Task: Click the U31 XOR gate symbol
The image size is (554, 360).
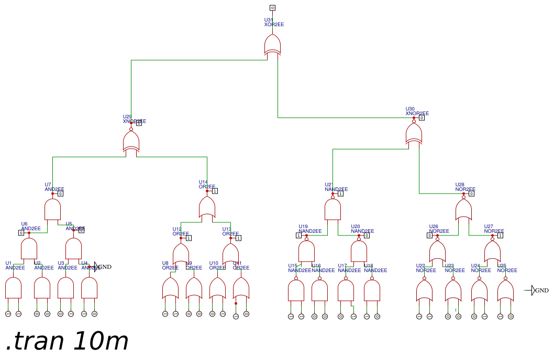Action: (x=272, y=44)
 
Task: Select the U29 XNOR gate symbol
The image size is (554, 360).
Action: (x=131, y=141)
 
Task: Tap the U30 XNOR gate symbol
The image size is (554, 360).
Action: (x=414, y=134)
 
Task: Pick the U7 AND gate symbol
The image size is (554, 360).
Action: (x=52, y=210)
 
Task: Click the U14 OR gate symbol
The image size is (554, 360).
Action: (x=207, y=207)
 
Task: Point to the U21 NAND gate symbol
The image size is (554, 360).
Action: (x=333, y=210)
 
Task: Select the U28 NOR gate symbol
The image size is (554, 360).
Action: (x=463, y=210)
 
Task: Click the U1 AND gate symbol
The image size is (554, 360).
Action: (x=13, y=288)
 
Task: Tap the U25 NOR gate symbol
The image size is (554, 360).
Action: (x=505, y=290)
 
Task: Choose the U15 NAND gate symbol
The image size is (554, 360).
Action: (x=296, y=290)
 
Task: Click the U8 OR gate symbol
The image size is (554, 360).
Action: (x=170, y=288)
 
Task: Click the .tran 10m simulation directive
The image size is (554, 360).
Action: (x=67, y=341)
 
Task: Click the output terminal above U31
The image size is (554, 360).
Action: (x=272, y=7)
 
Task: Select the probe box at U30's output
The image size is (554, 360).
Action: (x=422, y=118)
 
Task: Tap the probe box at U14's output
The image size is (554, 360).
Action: (x=215, y=191)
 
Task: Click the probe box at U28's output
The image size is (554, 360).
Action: (x=471, y=194)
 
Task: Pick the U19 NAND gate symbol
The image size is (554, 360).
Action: (x=306, y=251)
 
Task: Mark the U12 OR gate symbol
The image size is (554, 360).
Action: (x=181, y=254)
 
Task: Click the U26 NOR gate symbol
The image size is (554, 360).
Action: (x=437, y=252)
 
